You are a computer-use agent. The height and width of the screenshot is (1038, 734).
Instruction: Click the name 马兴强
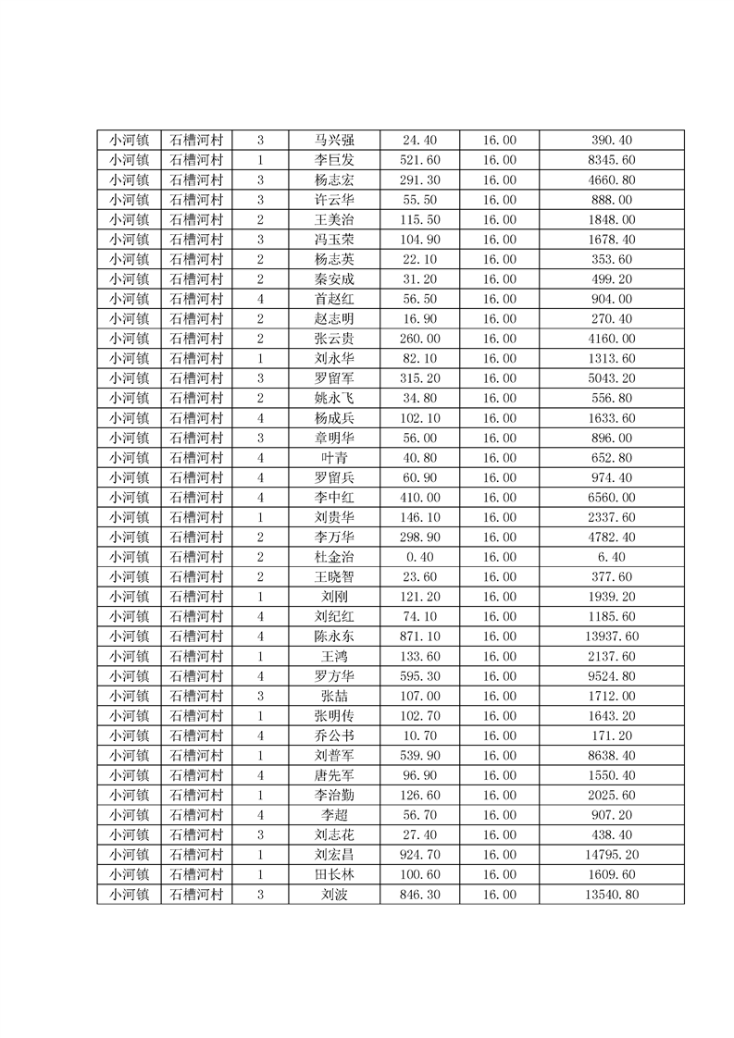[333, 141]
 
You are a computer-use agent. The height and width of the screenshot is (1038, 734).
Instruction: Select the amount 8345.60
[612, 160]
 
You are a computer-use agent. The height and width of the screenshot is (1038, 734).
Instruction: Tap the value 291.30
[419, 180]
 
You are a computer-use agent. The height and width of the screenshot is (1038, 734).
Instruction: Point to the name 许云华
[333, 200]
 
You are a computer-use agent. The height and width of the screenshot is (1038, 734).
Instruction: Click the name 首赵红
[333, 299]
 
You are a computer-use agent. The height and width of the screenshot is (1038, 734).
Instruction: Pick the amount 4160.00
[612, 339]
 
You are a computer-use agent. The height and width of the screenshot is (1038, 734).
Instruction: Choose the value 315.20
[419, 378]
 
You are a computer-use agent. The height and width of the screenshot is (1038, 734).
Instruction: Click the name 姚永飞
[333, 399]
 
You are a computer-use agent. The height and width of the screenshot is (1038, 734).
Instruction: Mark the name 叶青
[333, 458]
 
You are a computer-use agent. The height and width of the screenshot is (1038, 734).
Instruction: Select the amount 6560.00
[612, 498]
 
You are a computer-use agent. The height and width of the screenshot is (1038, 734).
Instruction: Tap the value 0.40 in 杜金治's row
[419, 557]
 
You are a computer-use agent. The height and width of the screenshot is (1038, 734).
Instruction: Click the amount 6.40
[612, 557]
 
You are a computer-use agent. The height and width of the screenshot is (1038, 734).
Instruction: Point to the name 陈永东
[333, 636]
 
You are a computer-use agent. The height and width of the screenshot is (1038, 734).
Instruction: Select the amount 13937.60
[612, 636]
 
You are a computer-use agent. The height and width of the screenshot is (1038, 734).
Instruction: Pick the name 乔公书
[333, 735]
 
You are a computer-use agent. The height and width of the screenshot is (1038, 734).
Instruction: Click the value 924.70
[419, 855]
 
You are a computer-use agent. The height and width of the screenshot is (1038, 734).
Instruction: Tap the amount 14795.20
[612, 855]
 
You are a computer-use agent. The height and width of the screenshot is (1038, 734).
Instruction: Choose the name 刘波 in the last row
[333, 895]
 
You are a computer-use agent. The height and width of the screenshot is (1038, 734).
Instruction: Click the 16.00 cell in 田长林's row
[499, 874]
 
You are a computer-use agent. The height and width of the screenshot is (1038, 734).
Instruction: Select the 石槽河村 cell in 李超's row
[196, 815]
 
